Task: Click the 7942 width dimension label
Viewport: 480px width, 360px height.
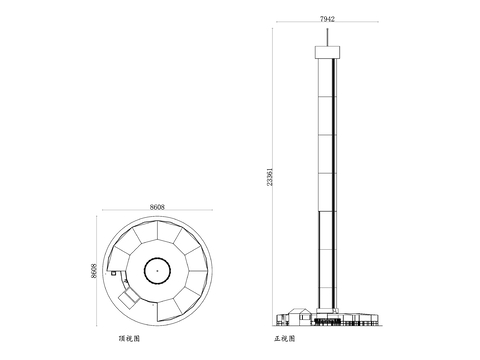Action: coord(327,19)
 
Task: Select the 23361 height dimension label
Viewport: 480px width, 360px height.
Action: coord(270,177)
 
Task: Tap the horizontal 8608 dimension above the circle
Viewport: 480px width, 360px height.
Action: coord(157,207)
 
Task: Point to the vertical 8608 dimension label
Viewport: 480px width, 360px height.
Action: coord(94,271)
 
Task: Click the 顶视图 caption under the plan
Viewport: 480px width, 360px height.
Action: coord(129,339)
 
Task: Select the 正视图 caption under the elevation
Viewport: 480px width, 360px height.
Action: coord(285,339)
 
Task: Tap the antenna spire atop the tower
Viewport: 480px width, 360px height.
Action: coord(327,37)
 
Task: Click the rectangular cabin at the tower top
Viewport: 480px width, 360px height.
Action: coord(327,52)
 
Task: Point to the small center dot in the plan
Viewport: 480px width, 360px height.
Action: coord(157,271)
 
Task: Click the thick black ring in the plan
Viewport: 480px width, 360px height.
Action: coord(157,258)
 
